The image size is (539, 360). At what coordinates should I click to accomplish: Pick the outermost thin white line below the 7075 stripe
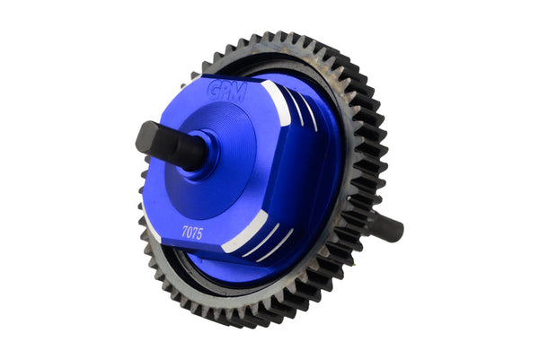pyautogui.click(x=276, y=246)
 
